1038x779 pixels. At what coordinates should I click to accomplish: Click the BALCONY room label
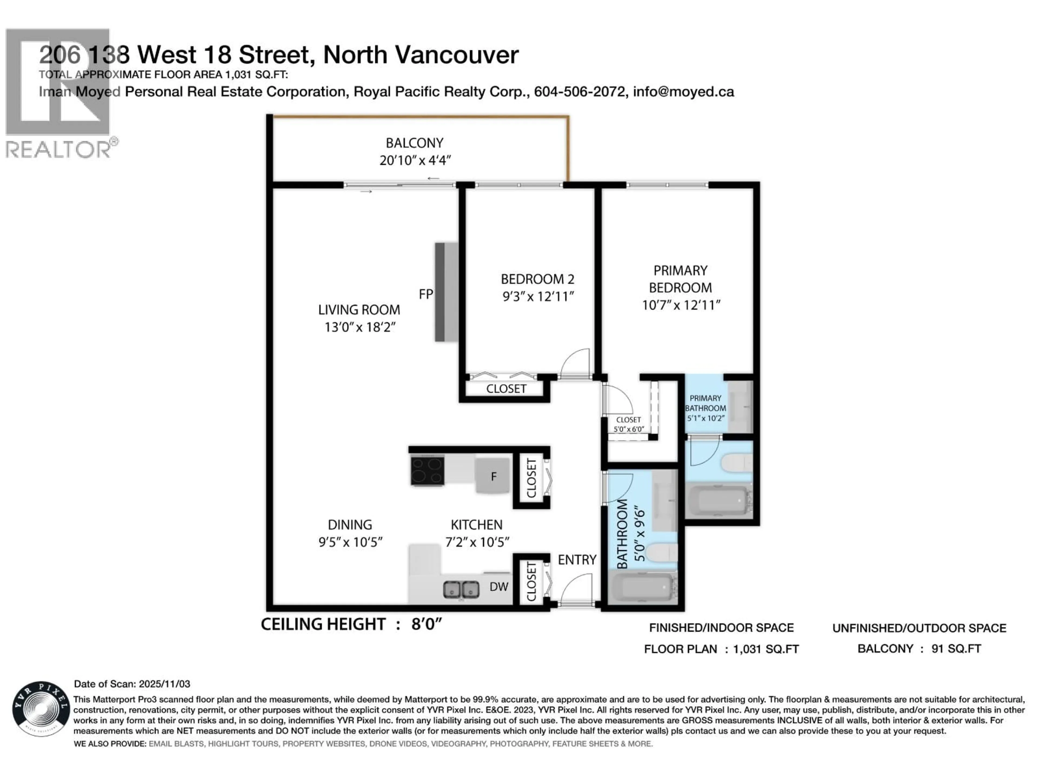coord(414,143)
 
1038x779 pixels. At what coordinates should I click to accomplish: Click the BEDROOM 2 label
coord(537,279)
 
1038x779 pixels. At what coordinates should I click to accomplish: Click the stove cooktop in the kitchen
coord(427,470)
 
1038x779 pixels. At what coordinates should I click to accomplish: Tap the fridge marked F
coord(493,476)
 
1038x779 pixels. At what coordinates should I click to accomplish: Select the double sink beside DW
coord(461,589)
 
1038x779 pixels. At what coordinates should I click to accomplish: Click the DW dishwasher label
coord(499,586)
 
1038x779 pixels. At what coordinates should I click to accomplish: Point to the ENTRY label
coord(577,560)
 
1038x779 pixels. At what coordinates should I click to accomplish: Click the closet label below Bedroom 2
coord(506,389)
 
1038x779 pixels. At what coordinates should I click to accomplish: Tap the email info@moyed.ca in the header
coord(683,92)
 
